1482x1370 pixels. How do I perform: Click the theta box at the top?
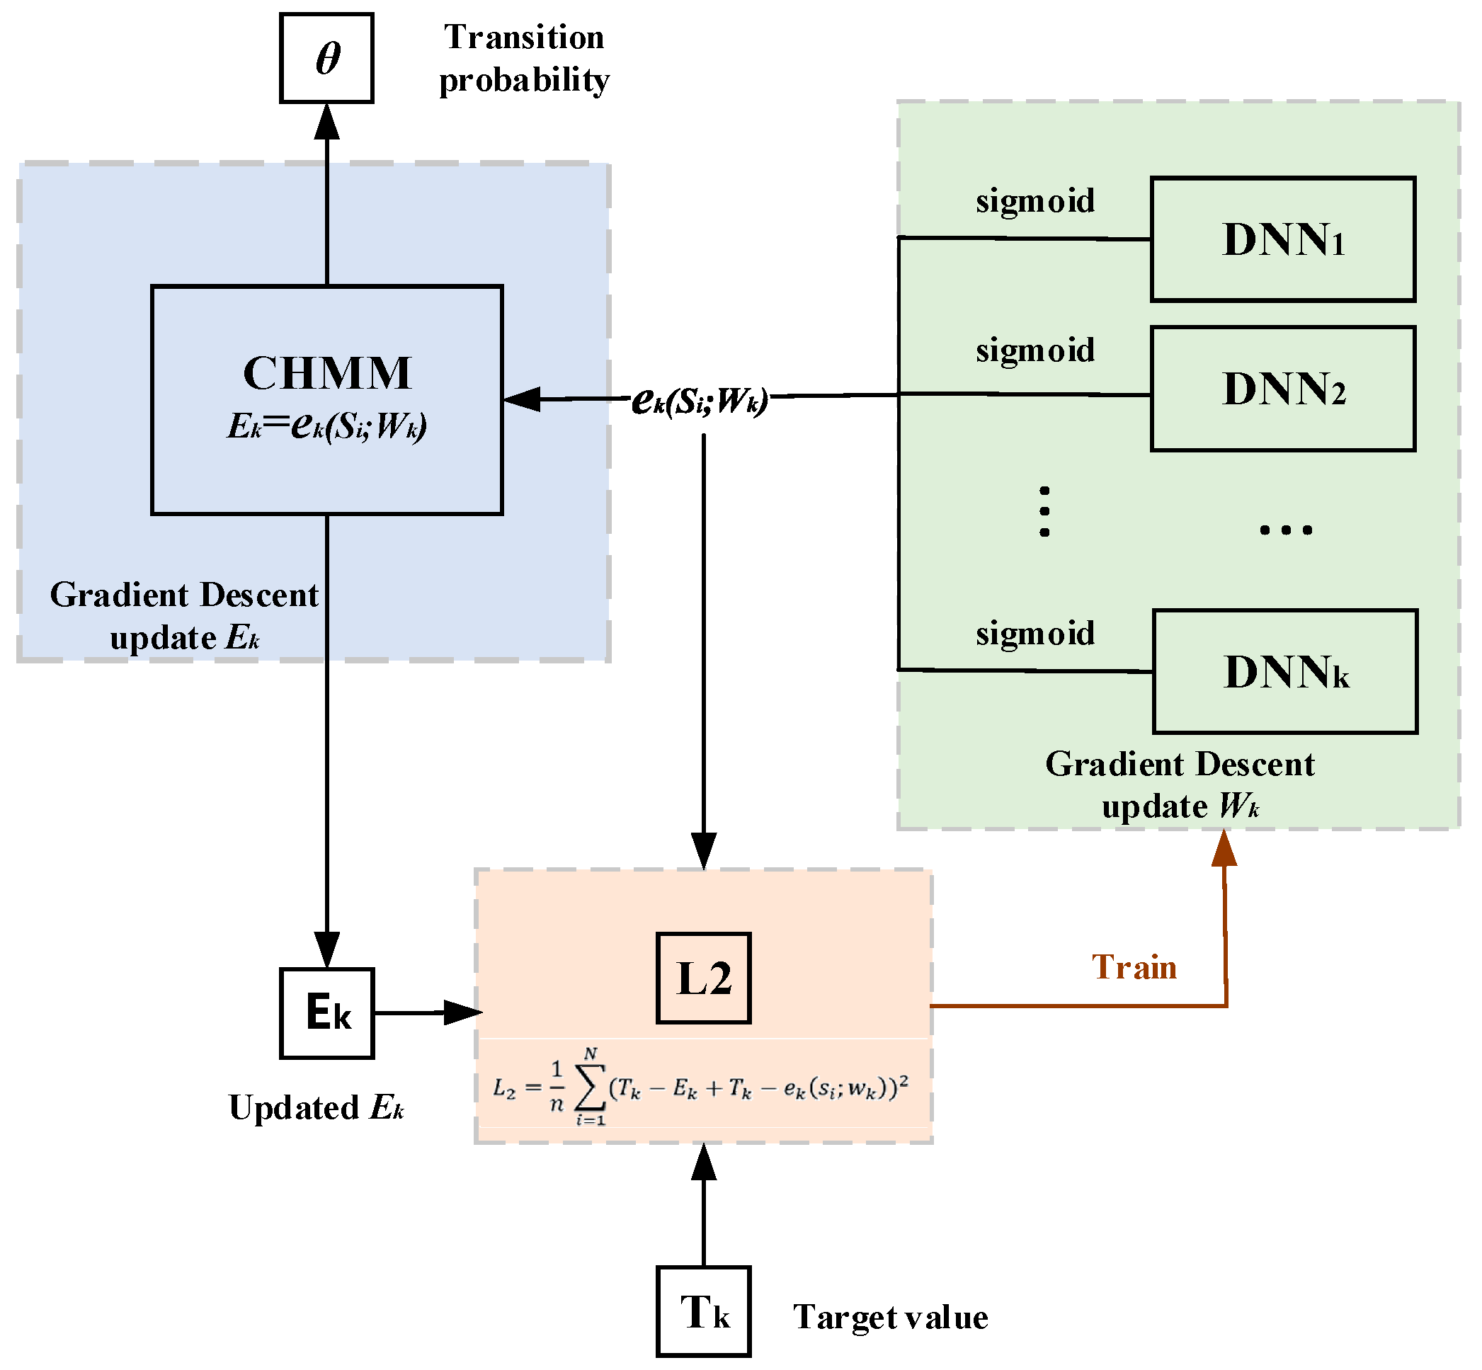point(326,58)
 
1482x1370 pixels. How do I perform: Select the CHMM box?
point(326,399)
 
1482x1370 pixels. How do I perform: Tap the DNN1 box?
point(1282,239)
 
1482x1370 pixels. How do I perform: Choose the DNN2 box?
point(1282,389)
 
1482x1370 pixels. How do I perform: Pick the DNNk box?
point(1284,671)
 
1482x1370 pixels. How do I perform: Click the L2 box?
point(703,978)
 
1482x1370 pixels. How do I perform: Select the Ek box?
point(326,1012)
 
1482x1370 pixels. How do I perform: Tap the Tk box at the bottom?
point(703,1311)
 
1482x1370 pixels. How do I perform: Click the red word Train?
point(1134,967)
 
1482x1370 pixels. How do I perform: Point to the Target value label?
point(889,1318)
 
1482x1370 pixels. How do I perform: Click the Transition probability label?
point(523,59)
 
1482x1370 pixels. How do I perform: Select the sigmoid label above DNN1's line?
point(1034,201)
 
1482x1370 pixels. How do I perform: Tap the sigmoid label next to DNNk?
point(1034,634)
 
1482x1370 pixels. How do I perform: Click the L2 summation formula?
point(700,1088)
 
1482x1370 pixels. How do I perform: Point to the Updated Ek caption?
point(315,1107)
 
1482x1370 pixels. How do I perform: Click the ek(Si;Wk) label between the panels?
point(699,401)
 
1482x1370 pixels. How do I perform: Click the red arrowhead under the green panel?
point(1224,849)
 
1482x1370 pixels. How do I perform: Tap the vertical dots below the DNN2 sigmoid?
point(1044,510)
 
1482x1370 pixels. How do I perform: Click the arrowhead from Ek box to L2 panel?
point(463,1012)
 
